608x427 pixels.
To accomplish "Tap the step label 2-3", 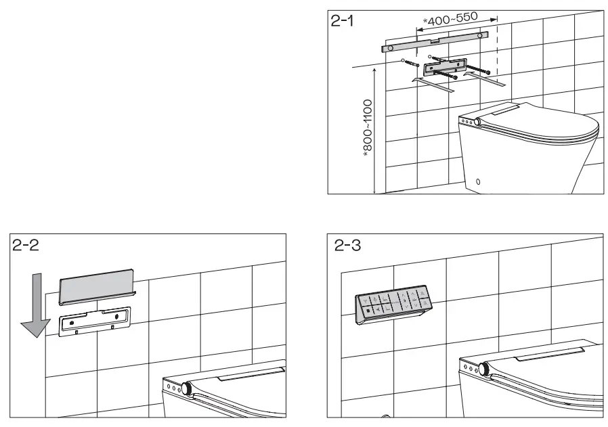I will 347,245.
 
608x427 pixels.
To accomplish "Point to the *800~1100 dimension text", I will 366,129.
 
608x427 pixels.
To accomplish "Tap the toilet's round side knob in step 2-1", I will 479,121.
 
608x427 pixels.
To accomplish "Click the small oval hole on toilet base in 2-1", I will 479,181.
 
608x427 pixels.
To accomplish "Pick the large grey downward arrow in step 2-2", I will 34,305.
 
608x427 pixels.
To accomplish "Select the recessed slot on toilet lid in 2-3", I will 548,353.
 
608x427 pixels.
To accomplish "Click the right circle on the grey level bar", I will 480,35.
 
